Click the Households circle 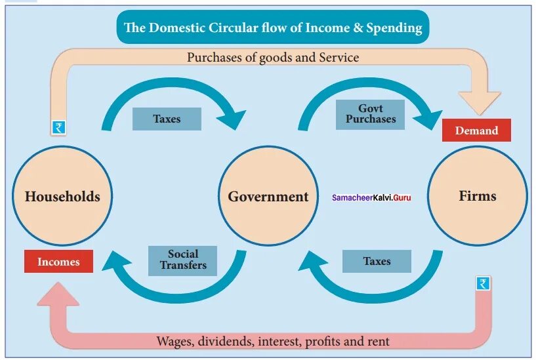tap(62, 196)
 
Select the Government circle tap(268, 196)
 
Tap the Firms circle tap(477, 195)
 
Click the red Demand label tap(476, 130)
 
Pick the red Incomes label tap(58, 262)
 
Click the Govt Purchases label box tap(371, 114)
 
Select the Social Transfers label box tap(183, 260)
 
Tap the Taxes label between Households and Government tap(167, 119)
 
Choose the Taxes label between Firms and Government tap(377, 261)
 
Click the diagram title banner tap(273, 28)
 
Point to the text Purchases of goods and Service tap(273, 58)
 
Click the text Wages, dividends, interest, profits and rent tap(273, 341)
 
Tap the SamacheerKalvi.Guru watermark tap(371, 197)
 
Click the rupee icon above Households tap(60, 128)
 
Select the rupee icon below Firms tap(483, 284)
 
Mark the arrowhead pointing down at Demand tap(482, 102)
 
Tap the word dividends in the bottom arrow tap(224, 341)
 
